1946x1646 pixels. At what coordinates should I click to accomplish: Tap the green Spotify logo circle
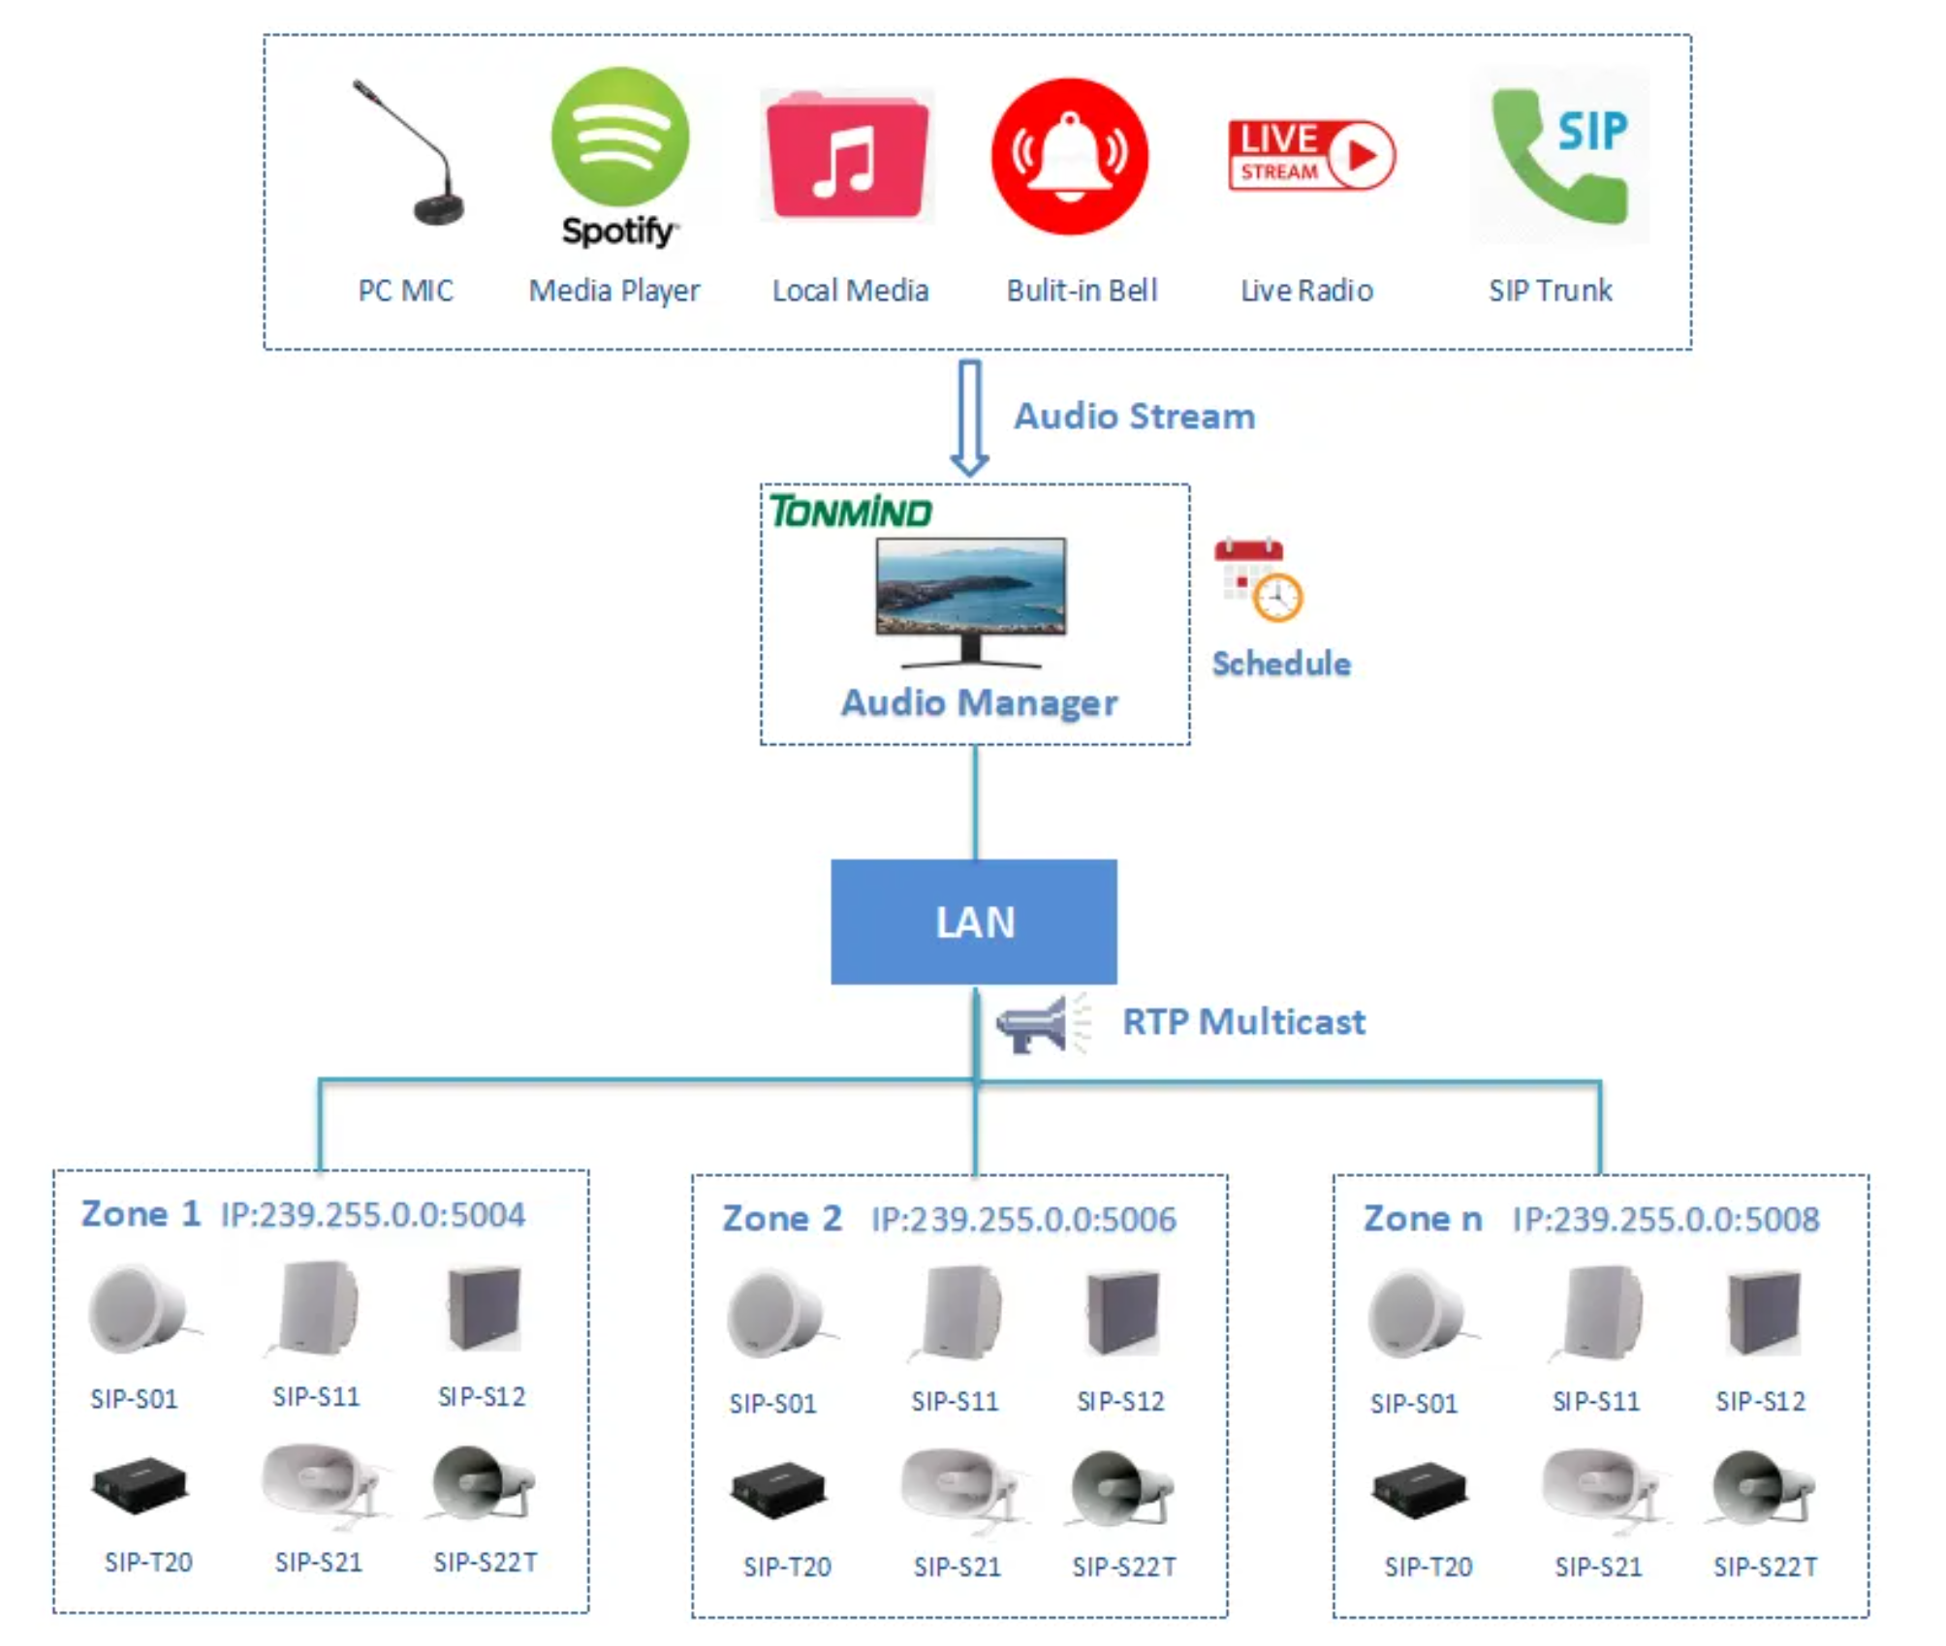tap(619, 137)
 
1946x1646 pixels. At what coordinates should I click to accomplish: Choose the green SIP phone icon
tap(1558, 155)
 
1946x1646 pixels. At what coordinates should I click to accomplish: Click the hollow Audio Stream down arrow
tap(969, 418)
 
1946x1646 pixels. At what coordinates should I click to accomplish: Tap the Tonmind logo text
tap(850, 512)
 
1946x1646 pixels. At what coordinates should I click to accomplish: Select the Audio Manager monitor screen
tap(970, 586)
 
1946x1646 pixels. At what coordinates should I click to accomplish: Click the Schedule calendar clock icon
tap(1258, 578)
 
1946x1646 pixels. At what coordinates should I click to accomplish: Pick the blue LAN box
tap(973, 921)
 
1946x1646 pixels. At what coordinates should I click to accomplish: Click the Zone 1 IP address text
tap(373, 1215)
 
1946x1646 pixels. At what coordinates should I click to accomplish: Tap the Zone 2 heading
tap(781, 1219)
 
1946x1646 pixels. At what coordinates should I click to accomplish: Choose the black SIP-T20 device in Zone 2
tap(778, 1491)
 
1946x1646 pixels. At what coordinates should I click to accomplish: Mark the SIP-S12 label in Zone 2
tap(1120, 1401)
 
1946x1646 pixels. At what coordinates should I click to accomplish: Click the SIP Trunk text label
tap(1550, 291)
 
